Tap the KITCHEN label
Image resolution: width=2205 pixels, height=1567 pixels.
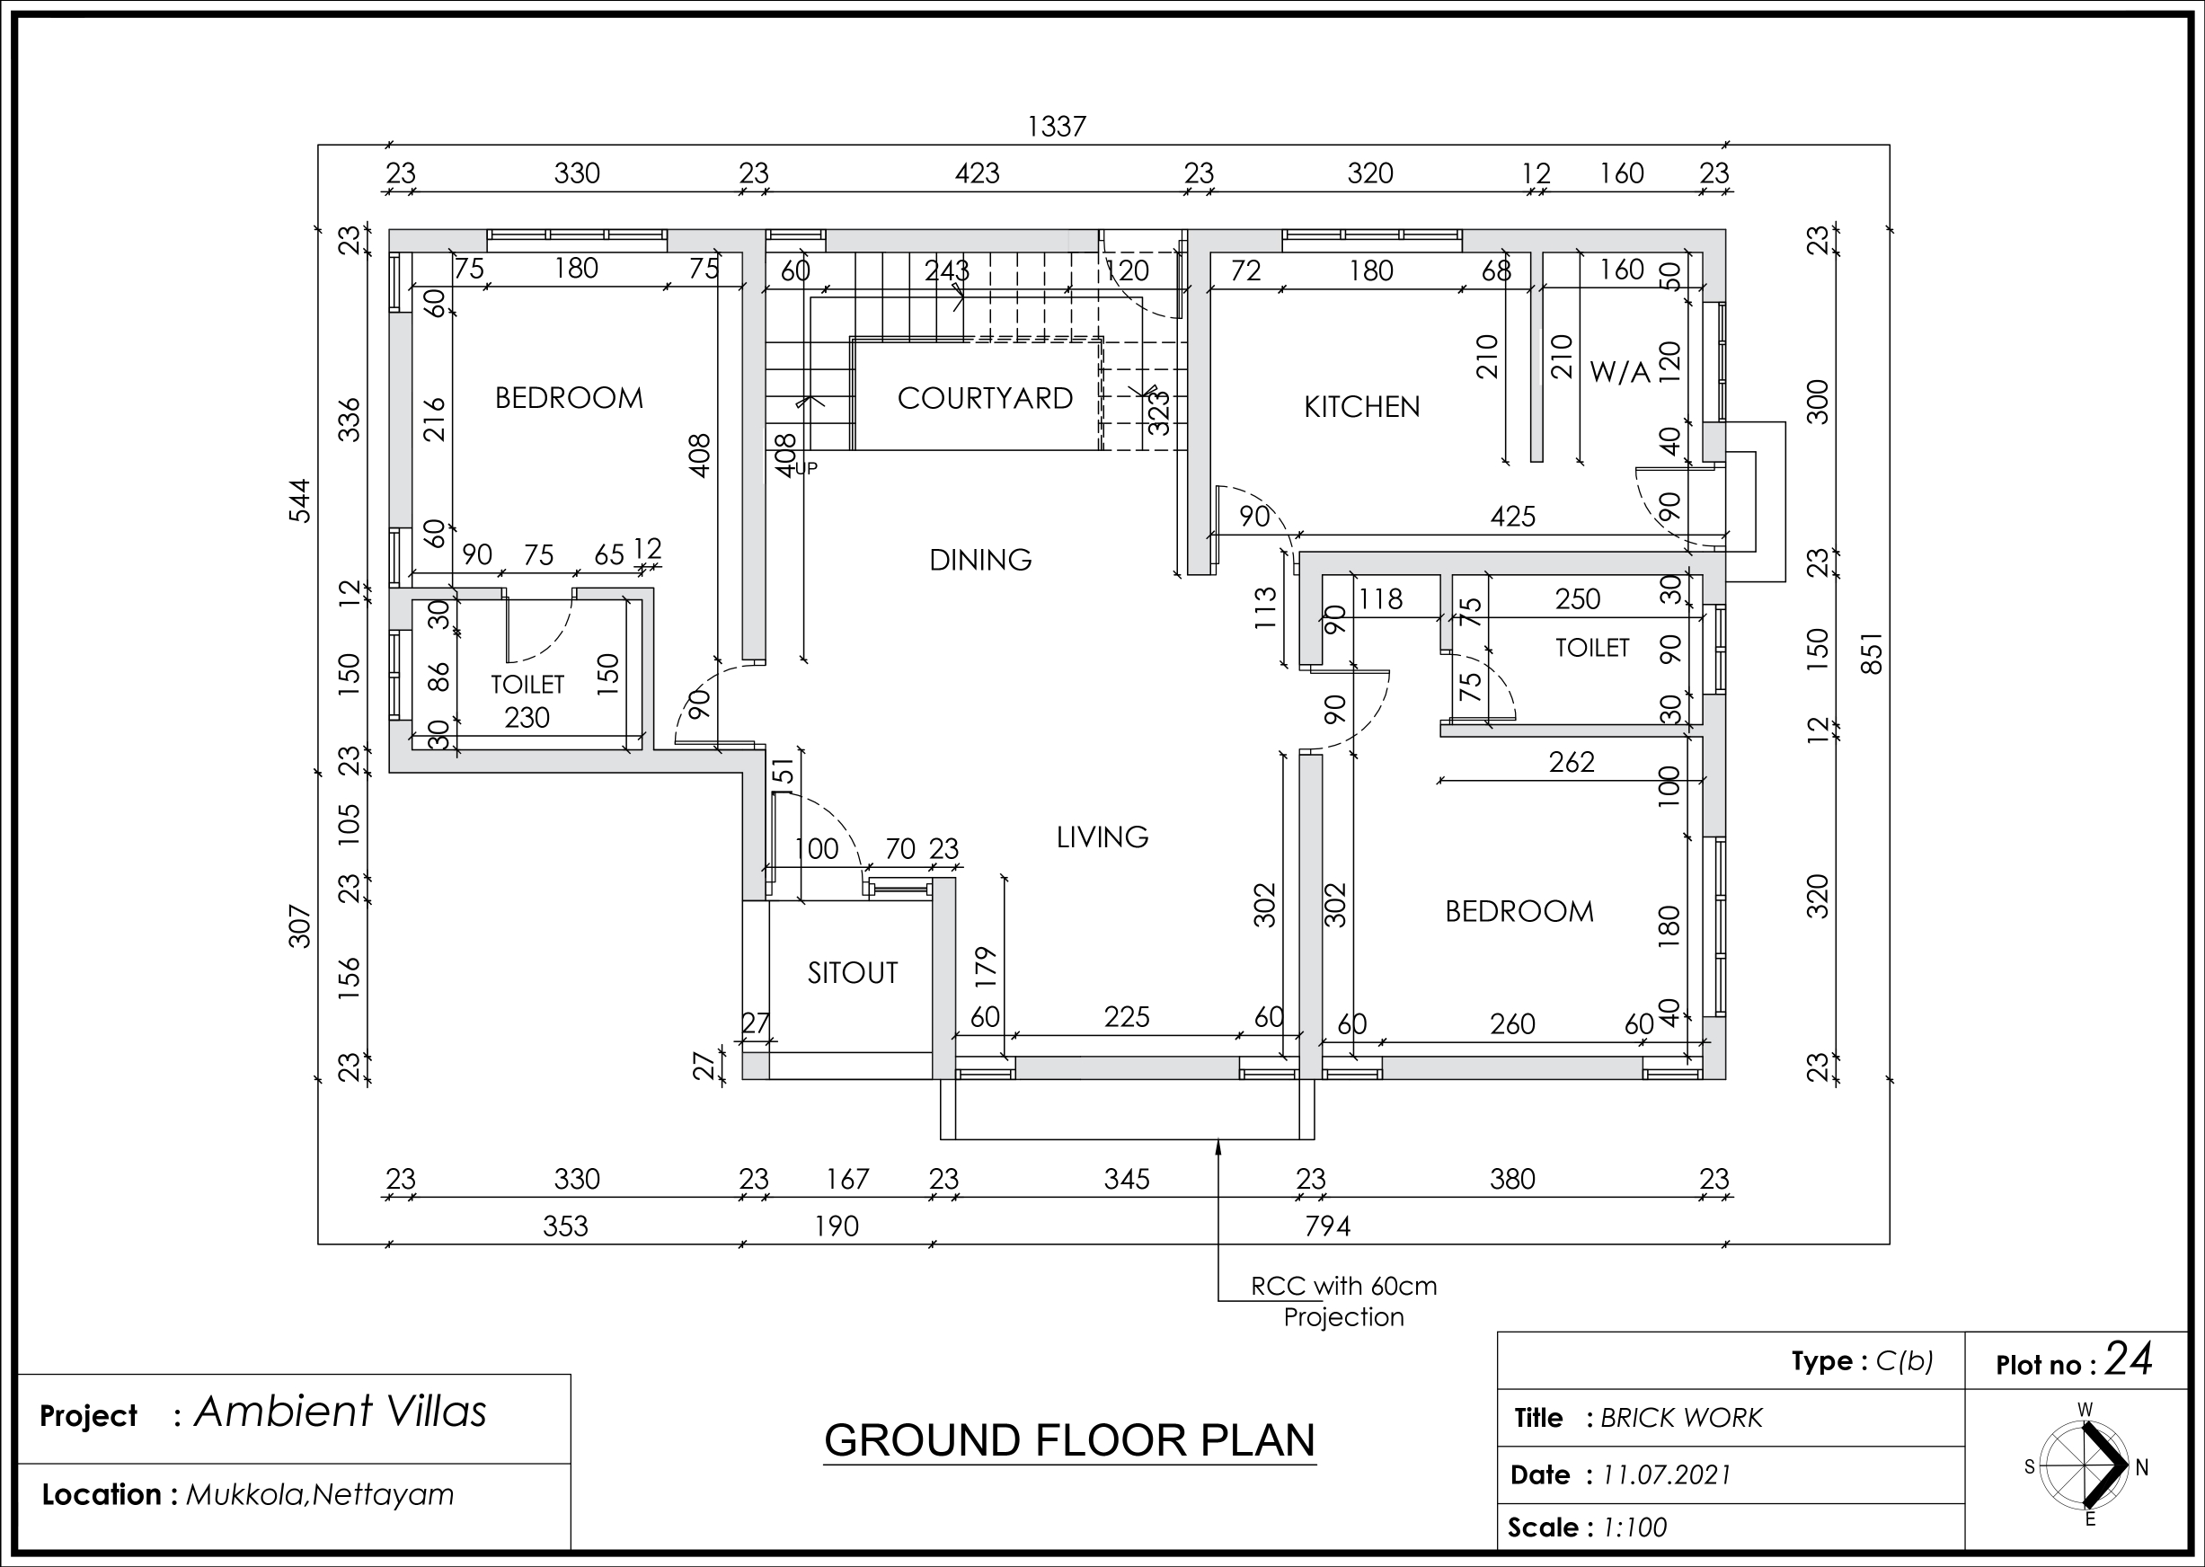[x=1361, y=407]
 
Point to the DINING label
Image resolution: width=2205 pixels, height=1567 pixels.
[x=980, y=560]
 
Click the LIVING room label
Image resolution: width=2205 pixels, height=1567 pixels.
[x=1102, y=837]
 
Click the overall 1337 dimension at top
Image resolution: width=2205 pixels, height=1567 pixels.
[x=1057, y=127]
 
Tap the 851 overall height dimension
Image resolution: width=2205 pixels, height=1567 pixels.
[x=1871, y=653]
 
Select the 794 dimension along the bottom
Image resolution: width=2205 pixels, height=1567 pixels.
[x=1327, y=1226]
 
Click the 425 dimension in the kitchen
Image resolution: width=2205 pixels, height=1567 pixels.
[x=1512, y=517]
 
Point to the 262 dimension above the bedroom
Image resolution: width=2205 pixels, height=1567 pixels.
[x=1571, y=762]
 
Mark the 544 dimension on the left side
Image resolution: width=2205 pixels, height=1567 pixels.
[x=300, y=500]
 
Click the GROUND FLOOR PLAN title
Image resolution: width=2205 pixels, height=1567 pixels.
[x=1069, y=1439]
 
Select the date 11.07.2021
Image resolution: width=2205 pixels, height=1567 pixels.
[x=1667, y=1475]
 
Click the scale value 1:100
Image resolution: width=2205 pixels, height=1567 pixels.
[x=1634, y=1527]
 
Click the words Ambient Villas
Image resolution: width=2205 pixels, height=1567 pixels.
[x=341, y=1412]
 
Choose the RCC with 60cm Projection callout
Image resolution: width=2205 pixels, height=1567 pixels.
[x=1343, y=1302]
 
